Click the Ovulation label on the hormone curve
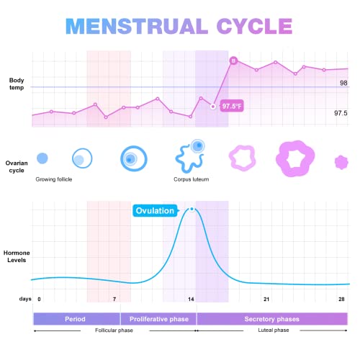tap(155, 211)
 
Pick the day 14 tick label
tap(192, 299)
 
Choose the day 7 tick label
tap(114, 299)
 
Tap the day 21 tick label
tap(266, 299)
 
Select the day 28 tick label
tap(342, 299)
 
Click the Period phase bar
tap(76, 318)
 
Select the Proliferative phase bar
tap(158, 318)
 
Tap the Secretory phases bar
tap(272, 318)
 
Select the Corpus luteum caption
tap(191, 179)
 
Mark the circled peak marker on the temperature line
tap(233, 60)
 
